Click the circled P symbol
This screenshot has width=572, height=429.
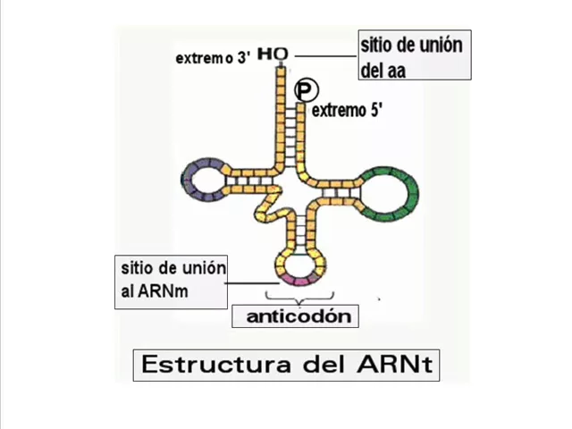point(305,89)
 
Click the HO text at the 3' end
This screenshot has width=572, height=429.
point(273,55)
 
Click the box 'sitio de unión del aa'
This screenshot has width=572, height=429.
point(414,55)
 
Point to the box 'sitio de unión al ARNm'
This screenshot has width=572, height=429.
point(173,281)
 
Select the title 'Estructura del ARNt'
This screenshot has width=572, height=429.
point(286,365)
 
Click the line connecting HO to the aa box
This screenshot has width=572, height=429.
point(323,55)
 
